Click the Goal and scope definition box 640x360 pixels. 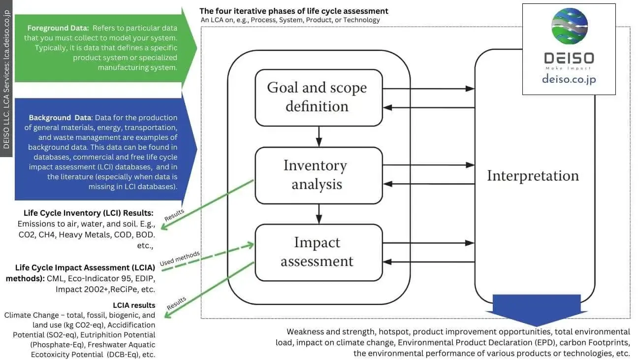[x=319, y=97]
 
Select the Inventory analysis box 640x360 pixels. [x=319, y=175]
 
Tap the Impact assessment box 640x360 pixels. [x=319, y=252]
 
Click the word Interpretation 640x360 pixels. [x=533, y=176]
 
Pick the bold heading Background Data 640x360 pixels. [x=60, y=118]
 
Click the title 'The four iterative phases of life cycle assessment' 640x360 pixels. [x=293, y=11]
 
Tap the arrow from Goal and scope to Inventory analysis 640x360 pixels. [x=319, y=136]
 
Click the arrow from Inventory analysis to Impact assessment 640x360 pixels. [x=319, y=213]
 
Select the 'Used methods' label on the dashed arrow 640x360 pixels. [x=180, y=259]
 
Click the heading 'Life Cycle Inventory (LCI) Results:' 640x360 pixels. [x=89, y=213]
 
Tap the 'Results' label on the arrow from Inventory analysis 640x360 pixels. [x=174, y=215]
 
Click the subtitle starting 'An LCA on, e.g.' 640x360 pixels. [x=290, y=20]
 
